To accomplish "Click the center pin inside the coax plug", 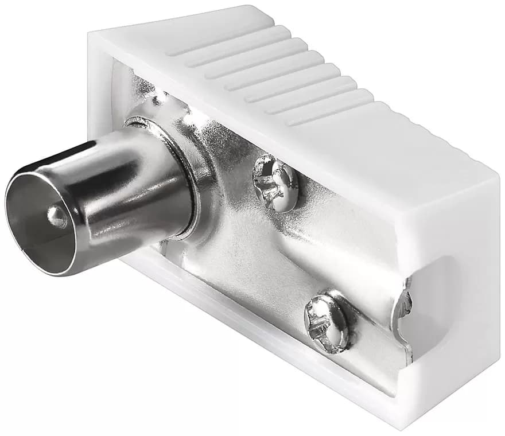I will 56,216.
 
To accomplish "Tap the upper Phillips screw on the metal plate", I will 276,183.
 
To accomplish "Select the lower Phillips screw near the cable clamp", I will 328,322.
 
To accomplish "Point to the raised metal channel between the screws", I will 287,252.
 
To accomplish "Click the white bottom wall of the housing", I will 258,344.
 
